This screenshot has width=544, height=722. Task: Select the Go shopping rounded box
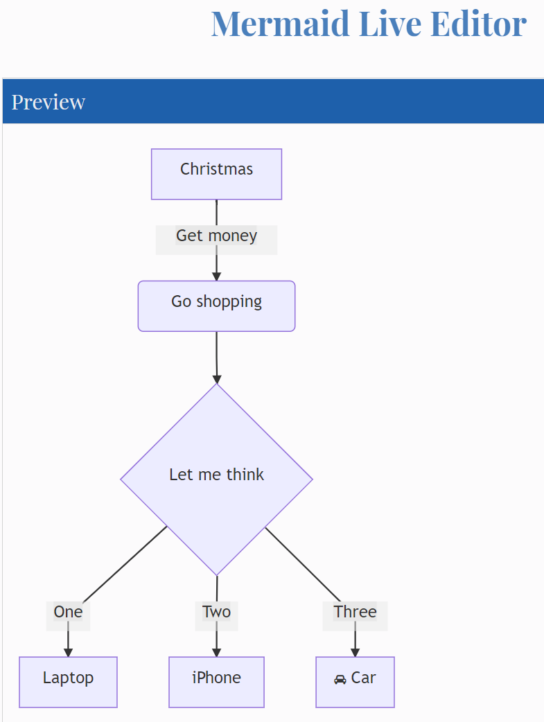pos(216,306)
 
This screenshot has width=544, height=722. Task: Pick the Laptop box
pos(68,682)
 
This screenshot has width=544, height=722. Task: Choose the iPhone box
pos(216,682)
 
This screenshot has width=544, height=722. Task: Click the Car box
pos(355,682)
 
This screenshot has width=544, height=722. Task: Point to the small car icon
pos(340,679)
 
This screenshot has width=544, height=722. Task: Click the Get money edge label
pos(216,236)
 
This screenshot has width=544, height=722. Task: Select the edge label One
pos(68,613)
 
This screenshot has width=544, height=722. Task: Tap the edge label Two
pos(216,613)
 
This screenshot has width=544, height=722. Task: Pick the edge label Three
pos(355,613)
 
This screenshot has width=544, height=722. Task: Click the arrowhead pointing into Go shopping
pos(216,276)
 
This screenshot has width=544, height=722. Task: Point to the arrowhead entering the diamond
pos(216,379)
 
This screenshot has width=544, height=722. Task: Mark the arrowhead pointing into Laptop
pos(68,652)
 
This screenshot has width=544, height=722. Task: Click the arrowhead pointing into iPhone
pos(216,652)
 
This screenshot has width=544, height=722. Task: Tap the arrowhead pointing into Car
pos(355,652)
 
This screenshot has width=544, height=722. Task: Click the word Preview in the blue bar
pos(49,102)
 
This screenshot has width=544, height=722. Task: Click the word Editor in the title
pos(478,24)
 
